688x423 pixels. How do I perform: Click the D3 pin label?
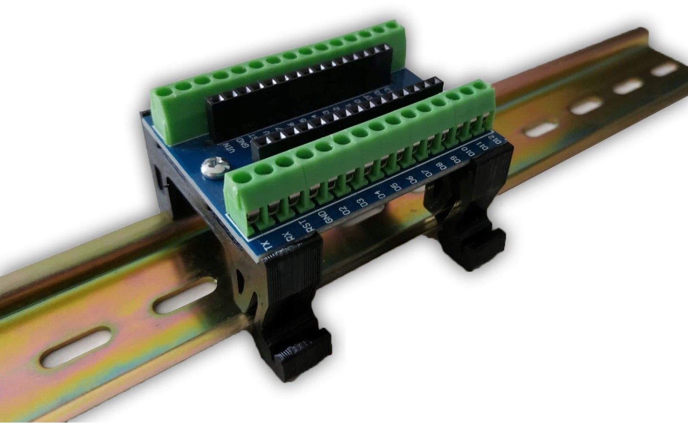point(362,202)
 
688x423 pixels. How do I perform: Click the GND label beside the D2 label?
point(326,217)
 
